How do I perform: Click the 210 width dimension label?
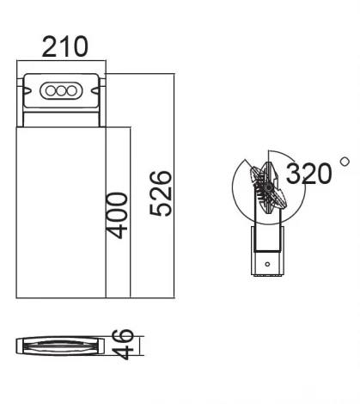coord(65,47)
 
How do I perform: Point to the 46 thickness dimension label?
coord(125,343)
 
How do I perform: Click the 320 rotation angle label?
coord(308,174)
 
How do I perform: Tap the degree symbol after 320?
coord(345,161)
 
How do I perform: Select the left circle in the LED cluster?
coord(52,90)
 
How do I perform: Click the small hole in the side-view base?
coord(267,261)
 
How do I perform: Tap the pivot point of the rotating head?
coord(268,187)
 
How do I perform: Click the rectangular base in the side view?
coord(267,251)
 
